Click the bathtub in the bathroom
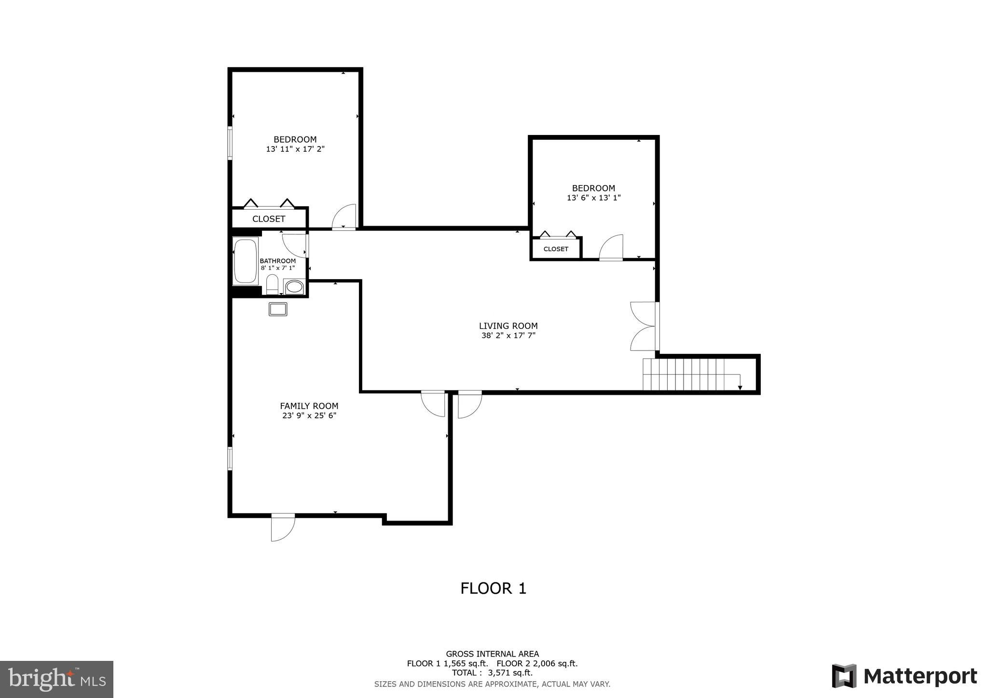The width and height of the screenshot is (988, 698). coord(246,261)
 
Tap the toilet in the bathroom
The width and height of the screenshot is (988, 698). coord(272,284)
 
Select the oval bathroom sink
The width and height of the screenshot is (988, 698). coord(294,287)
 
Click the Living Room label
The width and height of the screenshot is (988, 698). coord(508,326)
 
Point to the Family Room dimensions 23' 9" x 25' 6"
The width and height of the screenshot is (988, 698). coord(309,416)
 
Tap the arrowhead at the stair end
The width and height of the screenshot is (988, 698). coord(740,388)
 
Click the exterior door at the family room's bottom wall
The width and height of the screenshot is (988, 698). coord(283,527)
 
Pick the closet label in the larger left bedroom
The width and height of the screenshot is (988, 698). coord(269,219)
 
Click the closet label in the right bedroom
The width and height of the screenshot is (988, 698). coord(556,249)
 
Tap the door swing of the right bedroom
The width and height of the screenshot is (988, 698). coord(612,247)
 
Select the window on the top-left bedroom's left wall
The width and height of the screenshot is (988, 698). coord(230,143)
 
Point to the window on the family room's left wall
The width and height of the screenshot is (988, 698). coord(230,458)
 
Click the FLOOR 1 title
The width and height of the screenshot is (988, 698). coord(493,589)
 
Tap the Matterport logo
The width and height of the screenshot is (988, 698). coord(904,676)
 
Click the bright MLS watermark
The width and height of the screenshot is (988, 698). coord(57,679)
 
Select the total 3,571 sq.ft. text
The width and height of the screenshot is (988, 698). coord(492,673)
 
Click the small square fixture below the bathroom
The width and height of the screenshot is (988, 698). coord(278,309)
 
